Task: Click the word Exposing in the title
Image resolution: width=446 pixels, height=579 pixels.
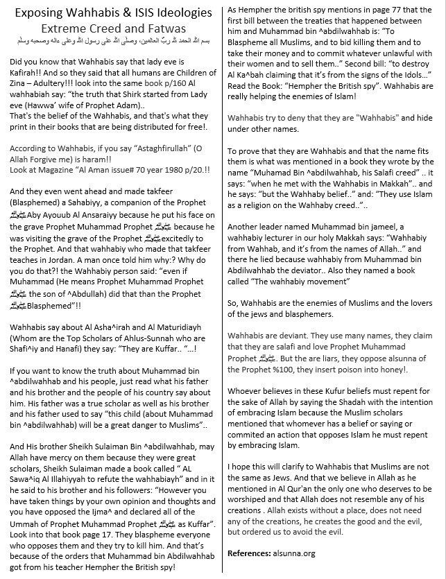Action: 43,12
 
